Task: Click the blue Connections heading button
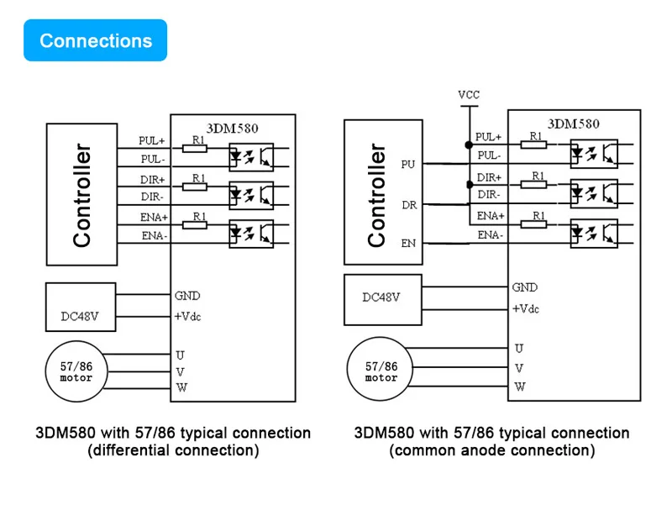[x=96, y=40]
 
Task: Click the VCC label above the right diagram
[x=469, y=94]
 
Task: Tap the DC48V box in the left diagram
[x=81, y=306]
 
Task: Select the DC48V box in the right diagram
[x=381, y=297]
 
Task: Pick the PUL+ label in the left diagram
[x=153, y=140]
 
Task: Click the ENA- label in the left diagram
[x=154, y=235]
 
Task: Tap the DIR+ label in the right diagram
[x=489, y=177]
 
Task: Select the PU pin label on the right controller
[x=409, y=165]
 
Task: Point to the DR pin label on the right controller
[x=409, y=204]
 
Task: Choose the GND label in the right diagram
[x=525, y=287]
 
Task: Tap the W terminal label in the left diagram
[x=181, y=387]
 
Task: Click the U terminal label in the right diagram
[x=519, y=348]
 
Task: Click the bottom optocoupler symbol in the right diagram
[x=594, y=231]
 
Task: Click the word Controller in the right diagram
[x=377, y=195]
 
